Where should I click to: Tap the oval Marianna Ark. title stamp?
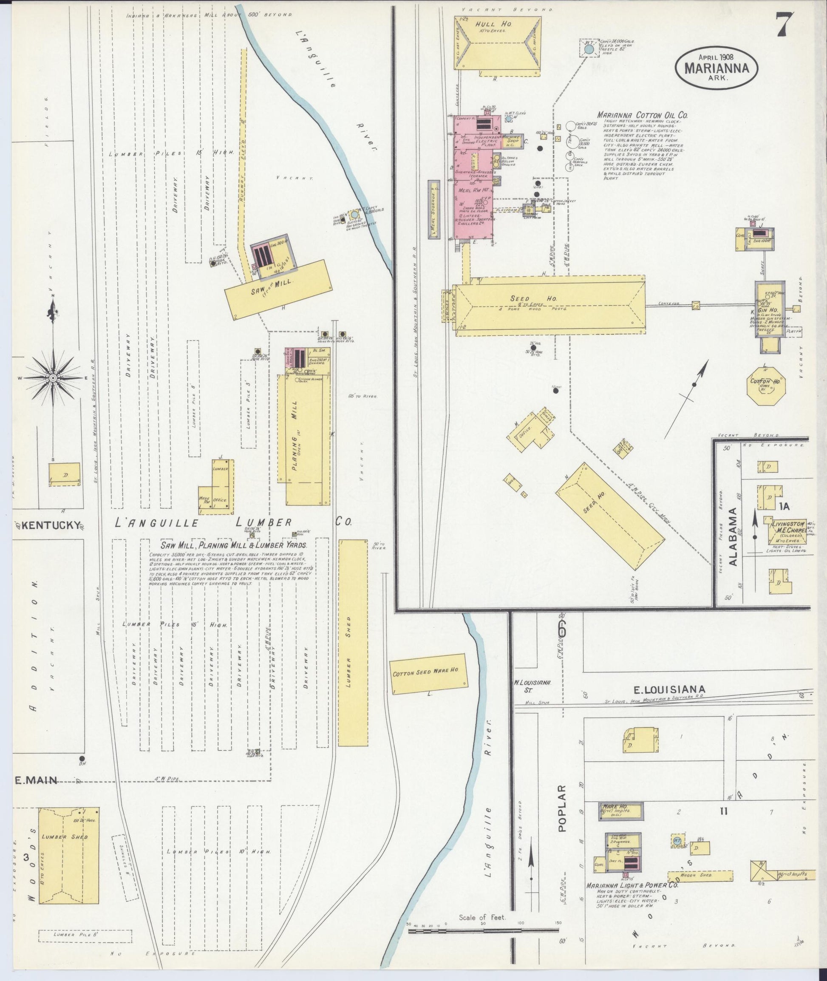pyautogui.click(x=716, y=68)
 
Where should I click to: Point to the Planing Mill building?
pyautogui.click(x=307, y=439)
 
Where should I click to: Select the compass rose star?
pyautogui.click(x=53, y=378)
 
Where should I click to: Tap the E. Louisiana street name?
pyautogui.click(x=669, y=689)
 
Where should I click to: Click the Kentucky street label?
pyautogui.click(x=51, y=526)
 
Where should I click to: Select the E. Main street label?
pyautogui.click(x=36, y=781)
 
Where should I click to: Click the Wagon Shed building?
pyautogui.click(x=700, y=875)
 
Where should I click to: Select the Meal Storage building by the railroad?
pyautogui.click(x=435, y=210)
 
